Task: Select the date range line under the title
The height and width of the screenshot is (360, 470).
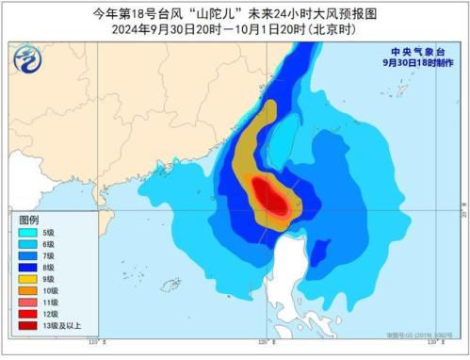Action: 235,28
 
